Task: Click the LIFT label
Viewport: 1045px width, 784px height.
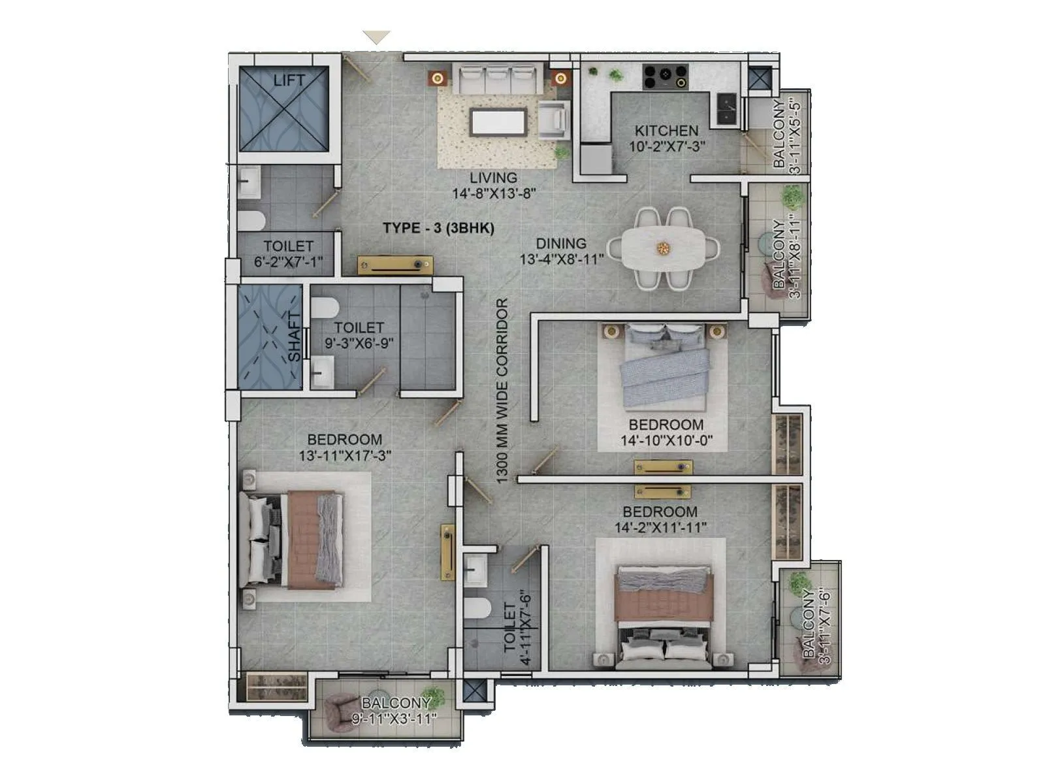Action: pyautogui.click(x=289, y=80)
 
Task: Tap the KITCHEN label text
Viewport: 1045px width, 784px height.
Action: pyautogui.click(x=666, y=131)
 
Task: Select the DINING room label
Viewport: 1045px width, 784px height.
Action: pyautogui.click(x=561, y=243)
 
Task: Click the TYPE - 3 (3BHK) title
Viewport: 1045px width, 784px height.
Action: pyautogui.click(x=438, y=228)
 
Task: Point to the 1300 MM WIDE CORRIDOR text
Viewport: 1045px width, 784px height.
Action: pyautogui.click(x=502, y=391)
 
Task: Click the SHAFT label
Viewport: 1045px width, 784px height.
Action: pyautogui.click(x=295, y=337)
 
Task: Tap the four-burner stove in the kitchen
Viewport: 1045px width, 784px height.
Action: pyautogui.click(x=665, y=76)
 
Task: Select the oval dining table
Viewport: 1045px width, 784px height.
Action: pyautogui.click(x=664, y=248)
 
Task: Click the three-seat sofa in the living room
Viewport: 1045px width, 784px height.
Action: pyautogui.click(x=495, y=78)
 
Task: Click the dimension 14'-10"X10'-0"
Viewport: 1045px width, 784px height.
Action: pyautogui.click(x=666, y=441)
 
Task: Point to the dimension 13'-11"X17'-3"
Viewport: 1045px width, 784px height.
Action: pyautogui.click(x=345, y=456)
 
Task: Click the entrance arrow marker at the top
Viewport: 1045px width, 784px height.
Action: pyautogui.click(x=376, y=37)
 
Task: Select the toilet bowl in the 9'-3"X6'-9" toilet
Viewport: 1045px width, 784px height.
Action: pyautogui.click(x=325, y=307)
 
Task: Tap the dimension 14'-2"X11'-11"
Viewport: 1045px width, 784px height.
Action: pyautogui.click(x=660, y=527)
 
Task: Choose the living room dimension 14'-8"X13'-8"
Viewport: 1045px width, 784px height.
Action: pyautogui.click(x=494, y=193)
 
